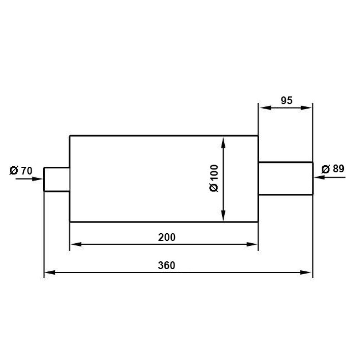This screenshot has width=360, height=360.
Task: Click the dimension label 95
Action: click(287, 100)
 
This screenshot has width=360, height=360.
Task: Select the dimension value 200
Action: click(167, 237)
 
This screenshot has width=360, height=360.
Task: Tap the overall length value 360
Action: click(167, 265)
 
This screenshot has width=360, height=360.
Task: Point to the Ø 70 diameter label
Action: click(21, 171)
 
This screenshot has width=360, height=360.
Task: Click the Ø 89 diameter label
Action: click(333, 169)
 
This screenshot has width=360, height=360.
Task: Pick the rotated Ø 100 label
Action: click(214, 178)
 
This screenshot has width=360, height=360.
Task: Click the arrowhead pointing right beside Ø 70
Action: click(37, 179)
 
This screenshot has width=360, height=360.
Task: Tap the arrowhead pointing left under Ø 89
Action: click(319, 177)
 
